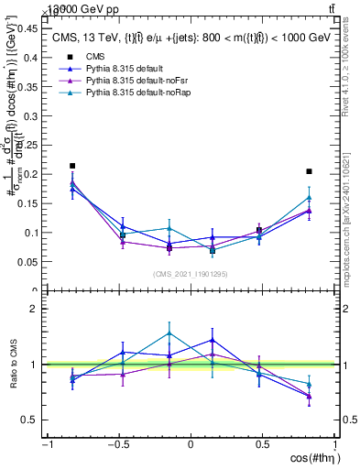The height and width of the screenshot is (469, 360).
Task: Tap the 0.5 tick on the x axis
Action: coord(263,445)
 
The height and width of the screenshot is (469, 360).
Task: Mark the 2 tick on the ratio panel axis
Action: coord(35,309)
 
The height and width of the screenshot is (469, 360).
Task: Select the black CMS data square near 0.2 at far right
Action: coord(310,171)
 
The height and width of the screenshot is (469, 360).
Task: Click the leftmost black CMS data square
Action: coord(72,166)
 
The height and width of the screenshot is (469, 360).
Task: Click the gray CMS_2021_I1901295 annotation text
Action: coord(190,274)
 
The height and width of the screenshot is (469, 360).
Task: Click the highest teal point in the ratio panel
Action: coord(169,333)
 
